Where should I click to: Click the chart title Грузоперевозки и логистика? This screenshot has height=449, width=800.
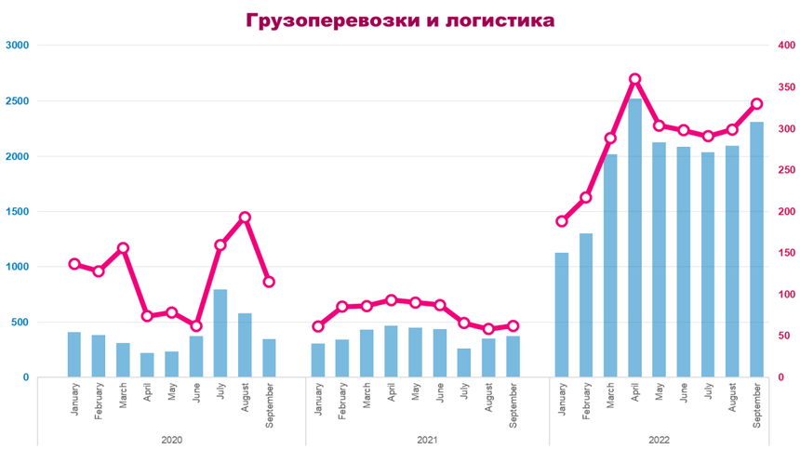(x=400, y=20)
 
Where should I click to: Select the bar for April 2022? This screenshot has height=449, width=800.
(x=635, y=238)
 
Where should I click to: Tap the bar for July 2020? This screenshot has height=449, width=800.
(x=220, y=334)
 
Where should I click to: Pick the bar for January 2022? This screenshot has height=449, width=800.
(x=562, y=315)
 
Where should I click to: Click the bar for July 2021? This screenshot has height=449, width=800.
(x=464, y=363)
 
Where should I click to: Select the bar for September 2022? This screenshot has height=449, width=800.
(x=756, y=250)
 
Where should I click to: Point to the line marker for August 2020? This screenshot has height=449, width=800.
(x=245, y=218)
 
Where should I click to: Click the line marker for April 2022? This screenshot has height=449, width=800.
(x=635, y=80)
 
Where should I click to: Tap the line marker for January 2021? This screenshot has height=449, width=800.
(x=318, y=326)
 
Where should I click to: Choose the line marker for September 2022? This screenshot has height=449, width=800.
(x=756, y=104)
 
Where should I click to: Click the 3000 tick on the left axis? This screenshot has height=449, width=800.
(x=18, y=46)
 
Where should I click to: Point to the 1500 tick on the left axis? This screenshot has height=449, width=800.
(x=18, y=212)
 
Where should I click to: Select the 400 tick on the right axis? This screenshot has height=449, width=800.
(x=786, y=46)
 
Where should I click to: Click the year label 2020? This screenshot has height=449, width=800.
(x=172, y=439)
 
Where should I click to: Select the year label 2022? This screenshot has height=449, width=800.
(x=659, y=439)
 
